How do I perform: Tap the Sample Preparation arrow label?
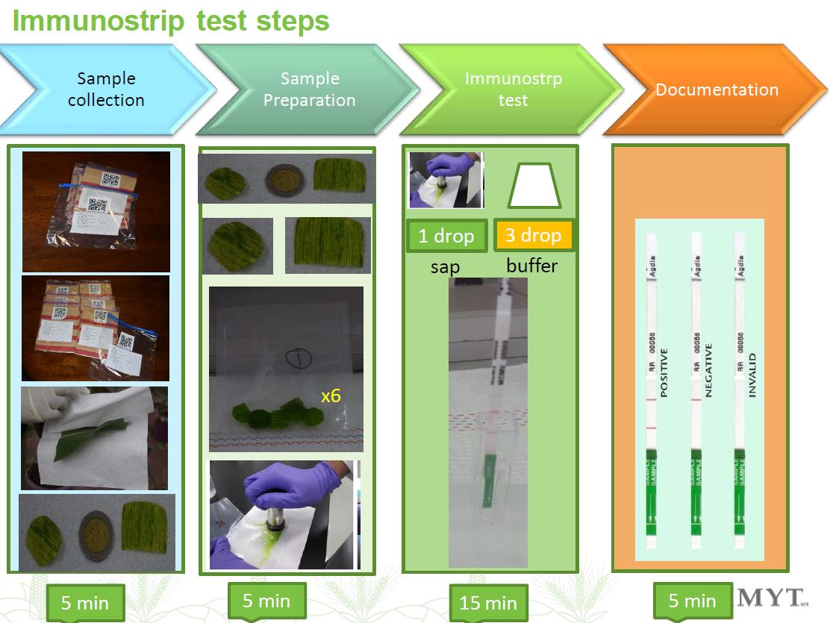coord(309,90)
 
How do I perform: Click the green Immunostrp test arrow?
coord(512,90)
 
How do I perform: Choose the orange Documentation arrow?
coord(717,90)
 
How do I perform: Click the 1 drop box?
coord(446,236)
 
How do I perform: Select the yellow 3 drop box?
coord(533,235)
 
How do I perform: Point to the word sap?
coord(445,266)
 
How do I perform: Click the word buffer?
coord(532,265)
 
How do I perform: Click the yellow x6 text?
coord(331,395)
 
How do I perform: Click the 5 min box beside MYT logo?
coord(692,601)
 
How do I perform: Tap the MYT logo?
coord(771,597)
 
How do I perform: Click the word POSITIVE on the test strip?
coord(664,372)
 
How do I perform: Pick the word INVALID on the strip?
coord(752,375)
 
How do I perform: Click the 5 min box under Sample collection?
coord(84,603)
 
